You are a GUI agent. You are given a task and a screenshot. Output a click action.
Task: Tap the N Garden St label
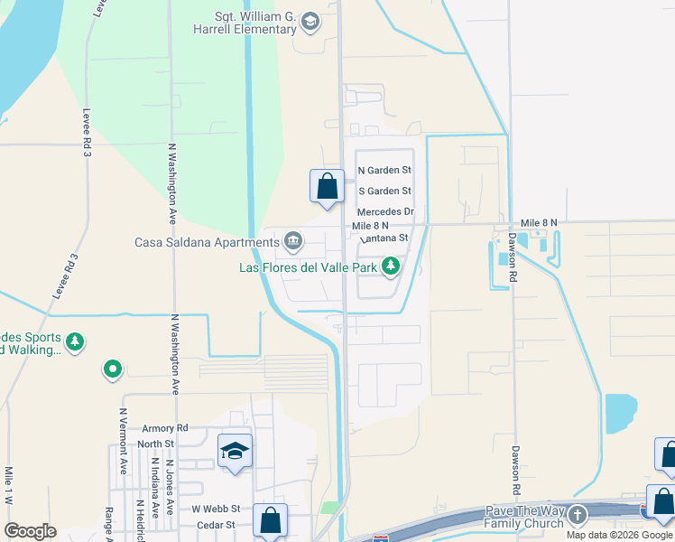pyautogui.click(x=384, y=170)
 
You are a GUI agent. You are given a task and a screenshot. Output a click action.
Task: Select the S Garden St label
pyautogui.click(x=384, y=191)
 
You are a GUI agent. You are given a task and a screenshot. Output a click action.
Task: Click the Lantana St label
pyautogui.click(x=385, y=238)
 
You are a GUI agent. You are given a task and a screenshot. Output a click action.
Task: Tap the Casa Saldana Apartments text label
pyautogui.click(x=207, y=242)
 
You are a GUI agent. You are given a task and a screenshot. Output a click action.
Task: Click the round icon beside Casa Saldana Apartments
pyautogui.click(x=293, y=240)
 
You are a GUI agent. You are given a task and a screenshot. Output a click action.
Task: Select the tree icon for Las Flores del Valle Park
pyautogui.click(x=391, y=266)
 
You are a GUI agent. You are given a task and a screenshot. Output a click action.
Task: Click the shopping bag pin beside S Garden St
pyautogui.click(x=327, y=187)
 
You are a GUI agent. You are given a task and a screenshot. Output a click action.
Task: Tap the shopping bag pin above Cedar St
pyautogui.click(x=270, y=520)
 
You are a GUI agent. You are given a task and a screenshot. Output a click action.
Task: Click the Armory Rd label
pyautogui.click(x=164, y=428)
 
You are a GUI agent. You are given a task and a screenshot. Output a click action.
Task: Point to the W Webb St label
pyautogui.click(x=216, y=509)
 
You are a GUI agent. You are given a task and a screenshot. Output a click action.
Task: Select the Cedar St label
pyautogui.click(x=217, y=524)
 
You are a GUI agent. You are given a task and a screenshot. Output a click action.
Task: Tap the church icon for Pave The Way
pyautogui.click(x=577, y=514)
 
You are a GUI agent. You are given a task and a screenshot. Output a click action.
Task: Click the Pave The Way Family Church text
pyautogui.click(x=523, y=518)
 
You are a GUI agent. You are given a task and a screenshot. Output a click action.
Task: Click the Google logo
pyautogui.click(x=30, y=530)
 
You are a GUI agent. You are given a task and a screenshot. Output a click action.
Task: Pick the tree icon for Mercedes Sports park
pyautogui.click(x=76, y=341)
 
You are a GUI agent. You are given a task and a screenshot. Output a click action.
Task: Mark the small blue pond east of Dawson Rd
pyautogui.click(x=621, y=412)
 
